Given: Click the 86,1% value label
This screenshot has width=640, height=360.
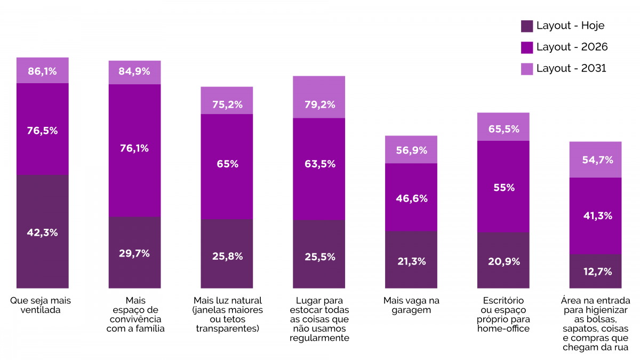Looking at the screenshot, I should (43, 70).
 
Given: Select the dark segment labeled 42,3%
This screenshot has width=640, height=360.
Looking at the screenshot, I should (43, 231).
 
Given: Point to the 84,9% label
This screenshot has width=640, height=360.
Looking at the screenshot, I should (134, 71).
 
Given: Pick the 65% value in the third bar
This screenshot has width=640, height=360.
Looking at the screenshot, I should (227, 164).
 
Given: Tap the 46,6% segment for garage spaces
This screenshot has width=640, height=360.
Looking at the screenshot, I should (411, 197).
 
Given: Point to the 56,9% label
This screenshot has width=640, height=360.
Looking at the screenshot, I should (411, 150).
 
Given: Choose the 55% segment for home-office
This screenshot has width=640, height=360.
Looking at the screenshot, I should (503, 187).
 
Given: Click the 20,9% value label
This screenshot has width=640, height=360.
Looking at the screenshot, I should (503, 261).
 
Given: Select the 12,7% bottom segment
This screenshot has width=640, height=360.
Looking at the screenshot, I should (595, 271).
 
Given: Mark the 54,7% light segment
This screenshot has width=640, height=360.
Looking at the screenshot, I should (595, 159).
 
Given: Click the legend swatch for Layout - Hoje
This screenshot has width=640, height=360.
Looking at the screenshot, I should (527, 26).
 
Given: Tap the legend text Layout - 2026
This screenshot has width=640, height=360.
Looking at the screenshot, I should (572, 47).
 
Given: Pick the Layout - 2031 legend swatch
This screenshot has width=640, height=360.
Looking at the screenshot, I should (527, 69).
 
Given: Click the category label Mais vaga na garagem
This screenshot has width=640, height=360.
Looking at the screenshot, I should (411, 305).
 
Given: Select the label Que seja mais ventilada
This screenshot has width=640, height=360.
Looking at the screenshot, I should (41, 305).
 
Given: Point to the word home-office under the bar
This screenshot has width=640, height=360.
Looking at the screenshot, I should (503, 329).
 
